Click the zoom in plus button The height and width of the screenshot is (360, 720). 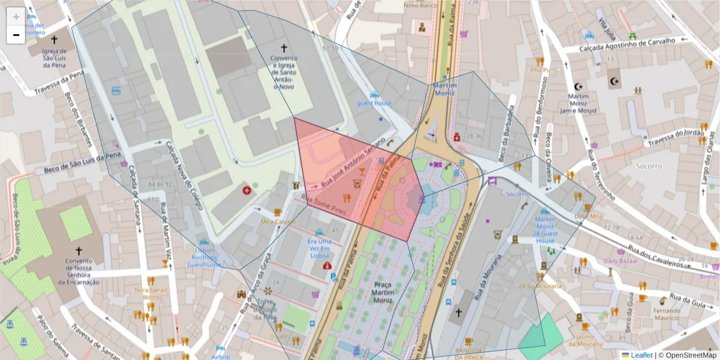(16, 17)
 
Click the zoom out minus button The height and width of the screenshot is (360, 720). (16, 35)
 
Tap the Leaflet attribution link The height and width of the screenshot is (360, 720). (641, 355)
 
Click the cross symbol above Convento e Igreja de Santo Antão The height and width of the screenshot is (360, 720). (284, 47)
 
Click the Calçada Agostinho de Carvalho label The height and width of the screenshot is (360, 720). (628, 44)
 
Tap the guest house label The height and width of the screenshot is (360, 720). (374, 103)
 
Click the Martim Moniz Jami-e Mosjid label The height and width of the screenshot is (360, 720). (578, 103)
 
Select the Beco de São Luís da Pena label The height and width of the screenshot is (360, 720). (77, 163)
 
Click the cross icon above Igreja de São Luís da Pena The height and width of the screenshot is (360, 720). (54, 40)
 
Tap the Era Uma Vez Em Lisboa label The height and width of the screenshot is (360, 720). (320, 248)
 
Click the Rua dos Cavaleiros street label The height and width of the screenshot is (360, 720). (656, 255)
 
